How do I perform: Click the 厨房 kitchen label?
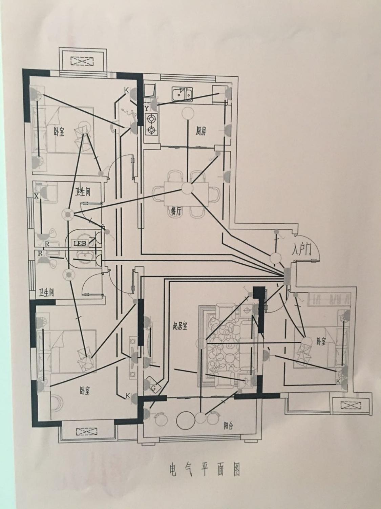coord(200,131)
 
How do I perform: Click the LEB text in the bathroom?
coord(80,244)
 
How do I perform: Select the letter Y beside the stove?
coord(146,108)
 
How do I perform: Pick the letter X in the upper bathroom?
coord(36,196)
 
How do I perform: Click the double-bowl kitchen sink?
coord(182,94)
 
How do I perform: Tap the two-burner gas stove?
coord(151,125)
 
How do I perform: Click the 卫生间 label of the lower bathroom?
coord(46,293)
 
